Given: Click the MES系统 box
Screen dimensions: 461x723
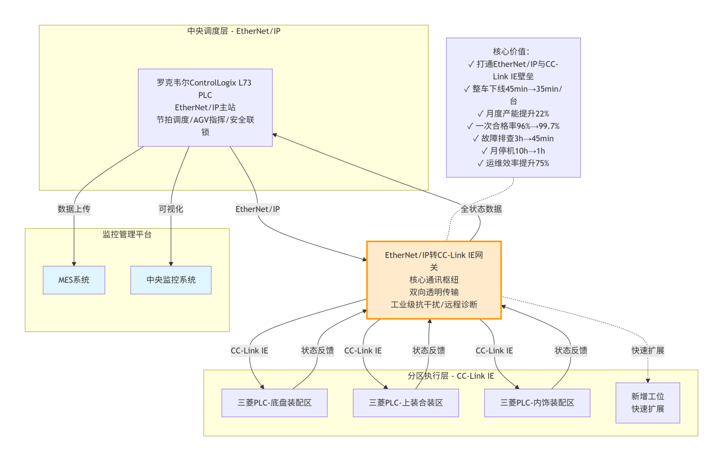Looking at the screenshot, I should (74, 280).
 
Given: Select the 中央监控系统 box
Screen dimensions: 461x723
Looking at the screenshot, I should (171, 280).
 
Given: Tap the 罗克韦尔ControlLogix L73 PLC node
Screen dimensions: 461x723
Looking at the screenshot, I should (205, 108).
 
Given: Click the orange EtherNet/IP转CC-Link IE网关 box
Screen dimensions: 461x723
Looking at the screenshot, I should (434, 280).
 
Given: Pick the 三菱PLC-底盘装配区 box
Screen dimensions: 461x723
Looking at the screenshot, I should (274, 403).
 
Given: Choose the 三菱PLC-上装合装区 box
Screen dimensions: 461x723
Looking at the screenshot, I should (406, 403).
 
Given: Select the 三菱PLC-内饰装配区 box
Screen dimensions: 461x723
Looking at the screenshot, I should (537, 403).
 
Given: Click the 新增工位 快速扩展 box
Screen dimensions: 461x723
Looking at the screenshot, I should (647, 403).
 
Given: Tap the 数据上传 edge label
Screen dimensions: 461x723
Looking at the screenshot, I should (74, 209).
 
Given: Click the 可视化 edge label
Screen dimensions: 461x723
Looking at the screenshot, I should (171, 209).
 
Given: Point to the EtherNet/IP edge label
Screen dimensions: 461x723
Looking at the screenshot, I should (258, 209).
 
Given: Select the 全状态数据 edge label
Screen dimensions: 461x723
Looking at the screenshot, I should (481, 209).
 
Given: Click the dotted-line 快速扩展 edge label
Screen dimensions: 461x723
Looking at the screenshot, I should (648, 350).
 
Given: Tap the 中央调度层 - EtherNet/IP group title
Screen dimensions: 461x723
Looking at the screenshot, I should (234, 31).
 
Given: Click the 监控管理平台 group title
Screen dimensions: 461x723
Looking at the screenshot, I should (127, 234).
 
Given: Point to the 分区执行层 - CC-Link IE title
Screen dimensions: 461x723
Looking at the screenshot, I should (450, 376).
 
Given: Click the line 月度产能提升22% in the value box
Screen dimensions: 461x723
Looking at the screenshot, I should (513, 114).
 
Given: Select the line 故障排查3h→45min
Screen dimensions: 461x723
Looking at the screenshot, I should (513, 139).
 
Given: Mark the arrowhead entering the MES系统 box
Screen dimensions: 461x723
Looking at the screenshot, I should (74, 264).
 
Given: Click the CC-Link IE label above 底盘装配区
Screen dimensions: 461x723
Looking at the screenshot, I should (249, 351).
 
